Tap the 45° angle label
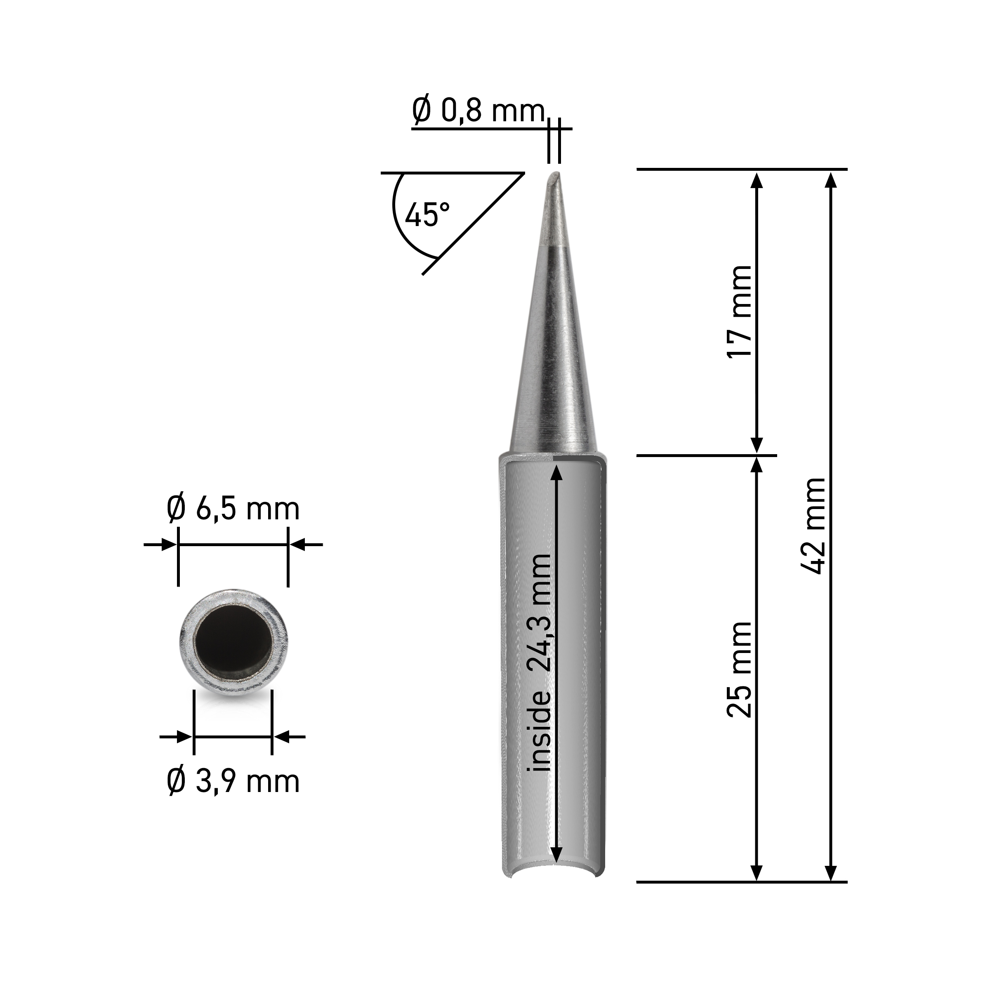coord(427,214)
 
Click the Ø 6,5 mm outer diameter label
coord(233,509)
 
